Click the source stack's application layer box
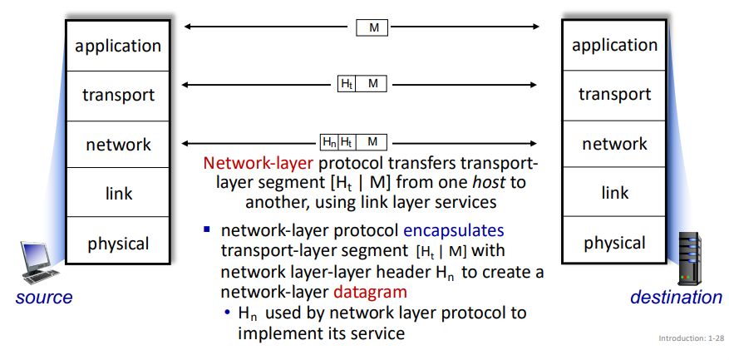tap(117, 46)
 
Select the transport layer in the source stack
tap(117, 95)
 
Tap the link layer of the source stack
tap(117, 193)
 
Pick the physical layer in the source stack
tap(117, 243)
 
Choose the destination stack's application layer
tap(614, 46)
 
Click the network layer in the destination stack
tap(614, 144)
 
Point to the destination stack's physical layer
tap(614, 243)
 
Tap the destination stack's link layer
tap(614, 193)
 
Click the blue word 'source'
tap(44, 297)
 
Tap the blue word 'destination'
tap(676, 297)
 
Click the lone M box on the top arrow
tap(372, 27)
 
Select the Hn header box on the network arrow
tap(329, 142)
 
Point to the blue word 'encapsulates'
tap(453, 229)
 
